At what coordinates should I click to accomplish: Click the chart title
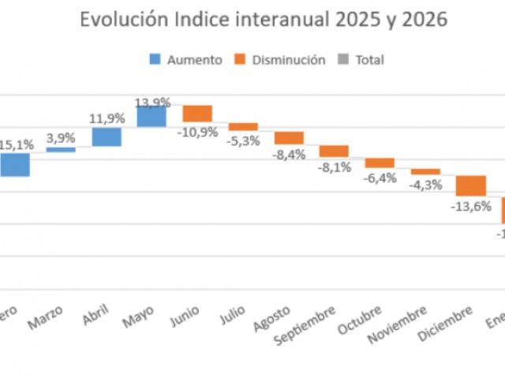click(264, 20)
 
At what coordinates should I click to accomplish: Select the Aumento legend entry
click(185, 60)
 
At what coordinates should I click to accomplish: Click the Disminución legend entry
click(279, 60)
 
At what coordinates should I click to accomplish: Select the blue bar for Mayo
click(151, 117)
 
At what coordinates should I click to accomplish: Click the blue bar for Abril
click(107, 137)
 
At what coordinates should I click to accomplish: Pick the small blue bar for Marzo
click(61, 149)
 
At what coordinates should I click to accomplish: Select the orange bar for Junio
click(197, 114)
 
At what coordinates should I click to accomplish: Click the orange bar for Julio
click(243, 126)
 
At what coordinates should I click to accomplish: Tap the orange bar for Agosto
click(289, 137)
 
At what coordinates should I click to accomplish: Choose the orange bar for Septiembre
click(334, 151)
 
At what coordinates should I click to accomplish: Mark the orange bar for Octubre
click(380, 163)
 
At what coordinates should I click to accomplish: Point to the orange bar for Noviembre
click(425, 171)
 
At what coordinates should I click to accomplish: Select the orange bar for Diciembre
click(471, 186)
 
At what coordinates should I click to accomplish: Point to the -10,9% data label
click(197, 132)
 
